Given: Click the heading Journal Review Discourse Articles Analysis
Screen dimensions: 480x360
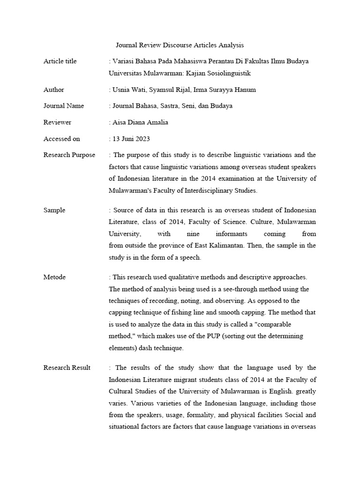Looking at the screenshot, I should click(180, 45).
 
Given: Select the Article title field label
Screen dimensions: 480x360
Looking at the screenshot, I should click(60, 61).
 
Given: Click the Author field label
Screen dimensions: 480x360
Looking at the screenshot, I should click(54, 90).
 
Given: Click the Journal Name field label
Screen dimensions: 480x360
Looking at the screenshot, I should click(64, 106).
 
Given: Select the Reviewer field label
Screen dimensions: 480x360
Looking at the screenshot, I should click(57, 122).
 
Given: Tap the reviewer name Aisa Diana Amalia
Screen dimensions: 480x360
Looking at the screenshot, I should click(140, 122).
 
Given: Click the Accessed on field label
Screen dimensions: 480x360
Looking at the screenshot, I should click(62, 139).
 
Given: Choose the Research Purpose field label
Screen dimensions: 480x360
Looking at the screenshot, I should click(69, 155).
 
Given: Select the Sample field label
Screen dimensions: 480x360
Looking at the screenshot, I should click(54, 210).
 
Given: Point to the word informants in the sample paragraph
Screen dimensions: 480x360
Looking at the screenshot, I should click(231, 234).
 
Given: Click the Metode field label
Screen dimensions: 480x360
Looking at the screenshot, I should click(55, 277).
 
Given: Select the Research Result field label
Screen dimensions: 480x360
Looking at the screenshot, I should click(67, 367).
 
